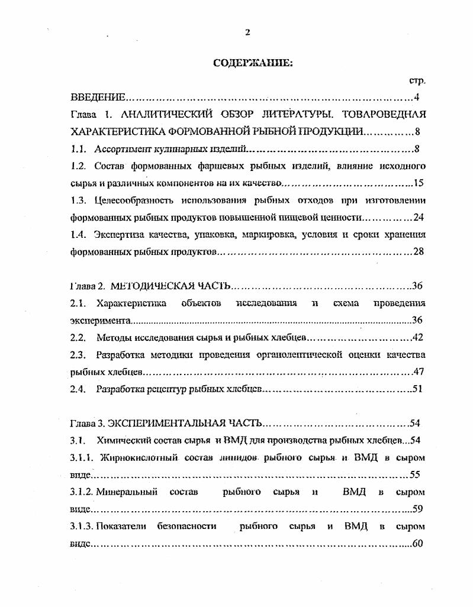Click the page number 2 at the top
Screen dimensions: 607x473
(x=247, y=32)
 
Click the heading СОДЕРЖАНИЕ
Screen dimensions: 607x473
(x=253, y=64)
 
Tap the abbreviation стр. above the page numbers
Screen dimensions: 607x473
(x=417, y=80)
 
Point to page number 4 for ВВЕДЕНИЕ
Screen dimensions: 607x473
(x=417, y=97)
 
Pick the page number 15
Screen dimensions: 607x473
(x=419, y=183)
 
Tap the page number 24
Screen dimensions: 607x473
(x=419, y=217)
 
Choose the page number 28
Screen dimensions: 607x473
(x=419, y=251)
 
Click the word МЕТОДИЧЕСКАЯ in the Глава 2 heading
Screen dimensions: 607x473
(x=153, y=286)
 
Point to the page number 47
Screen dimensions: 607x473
(x=419, y=372)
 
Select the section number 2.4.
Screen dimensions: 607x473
(x=78, y=389)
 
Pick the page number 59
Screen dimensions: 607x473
(x=417, y=509)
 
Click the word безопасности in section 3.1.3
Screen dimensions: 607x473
(x=186, y=526)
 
